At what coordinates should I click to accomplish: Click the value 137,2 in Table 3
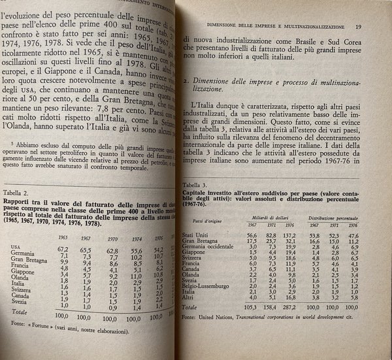[297, 235]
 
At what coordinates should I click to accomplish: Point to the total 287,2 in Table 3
[297, 306]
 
